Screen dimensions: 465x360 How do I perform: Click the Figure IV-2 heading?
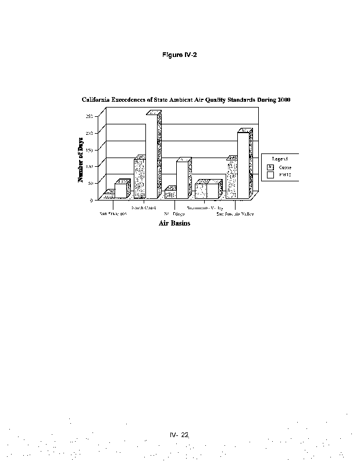180,55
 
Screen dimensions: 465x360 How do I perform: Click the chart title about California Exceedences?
186,100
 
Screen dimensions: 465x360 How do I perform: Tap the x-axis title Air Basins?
174,223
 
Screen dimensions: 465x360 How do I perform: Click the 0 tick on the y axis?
91,200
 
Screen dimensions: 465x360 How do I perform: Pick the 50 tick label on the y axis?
90,183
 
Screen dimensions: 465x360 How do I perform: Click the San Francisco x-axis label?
113,214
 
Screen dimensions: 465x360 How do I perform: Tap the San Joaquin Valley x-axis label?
235,214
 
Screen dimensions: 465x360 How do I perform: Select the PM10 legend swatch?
270,174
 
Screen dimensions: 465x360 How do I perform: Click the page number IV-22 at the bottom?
180,434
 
